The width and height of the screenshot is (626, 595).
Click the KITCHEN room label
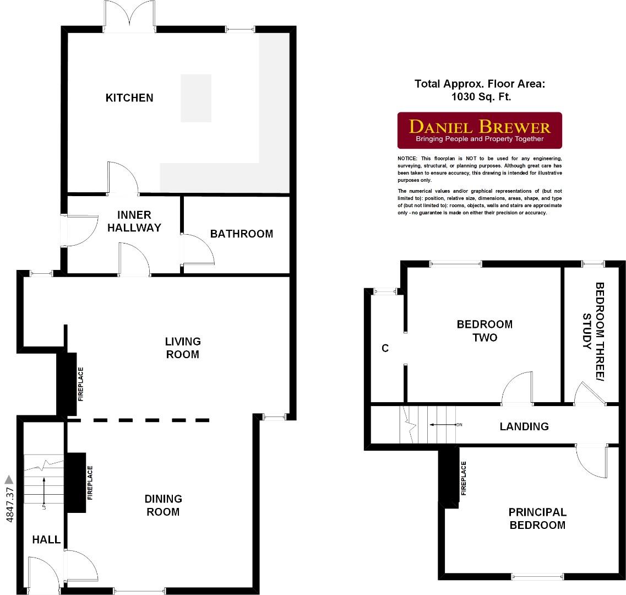(129, 98)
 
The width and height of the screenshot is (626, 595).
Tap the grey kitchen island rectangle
(196, 98)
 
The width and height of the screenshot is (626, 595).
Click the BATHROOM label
(242, 234)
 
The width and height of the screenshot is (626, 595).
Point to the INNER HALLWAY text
(134, 221)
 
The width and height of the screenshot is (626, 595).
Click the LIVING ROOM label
(183, 348)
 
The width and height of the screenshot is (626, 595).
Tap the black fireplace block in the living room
(67, 384)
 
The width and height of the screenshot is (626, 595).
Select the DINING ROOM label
(163, 505)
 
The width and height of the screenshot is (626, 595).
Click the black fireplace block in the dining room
(77, 483)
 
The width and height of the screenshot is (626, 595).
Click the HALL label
(46, 539)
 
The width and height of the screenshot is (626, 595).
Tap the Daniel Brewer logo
(480, 131)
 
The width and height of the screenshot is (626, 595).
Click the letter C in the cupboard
(385, 348)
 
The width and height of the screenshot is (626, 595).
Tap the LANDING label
(524, 426)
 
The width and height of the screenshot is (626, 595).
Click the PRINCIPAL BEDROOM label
(537, 518)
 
